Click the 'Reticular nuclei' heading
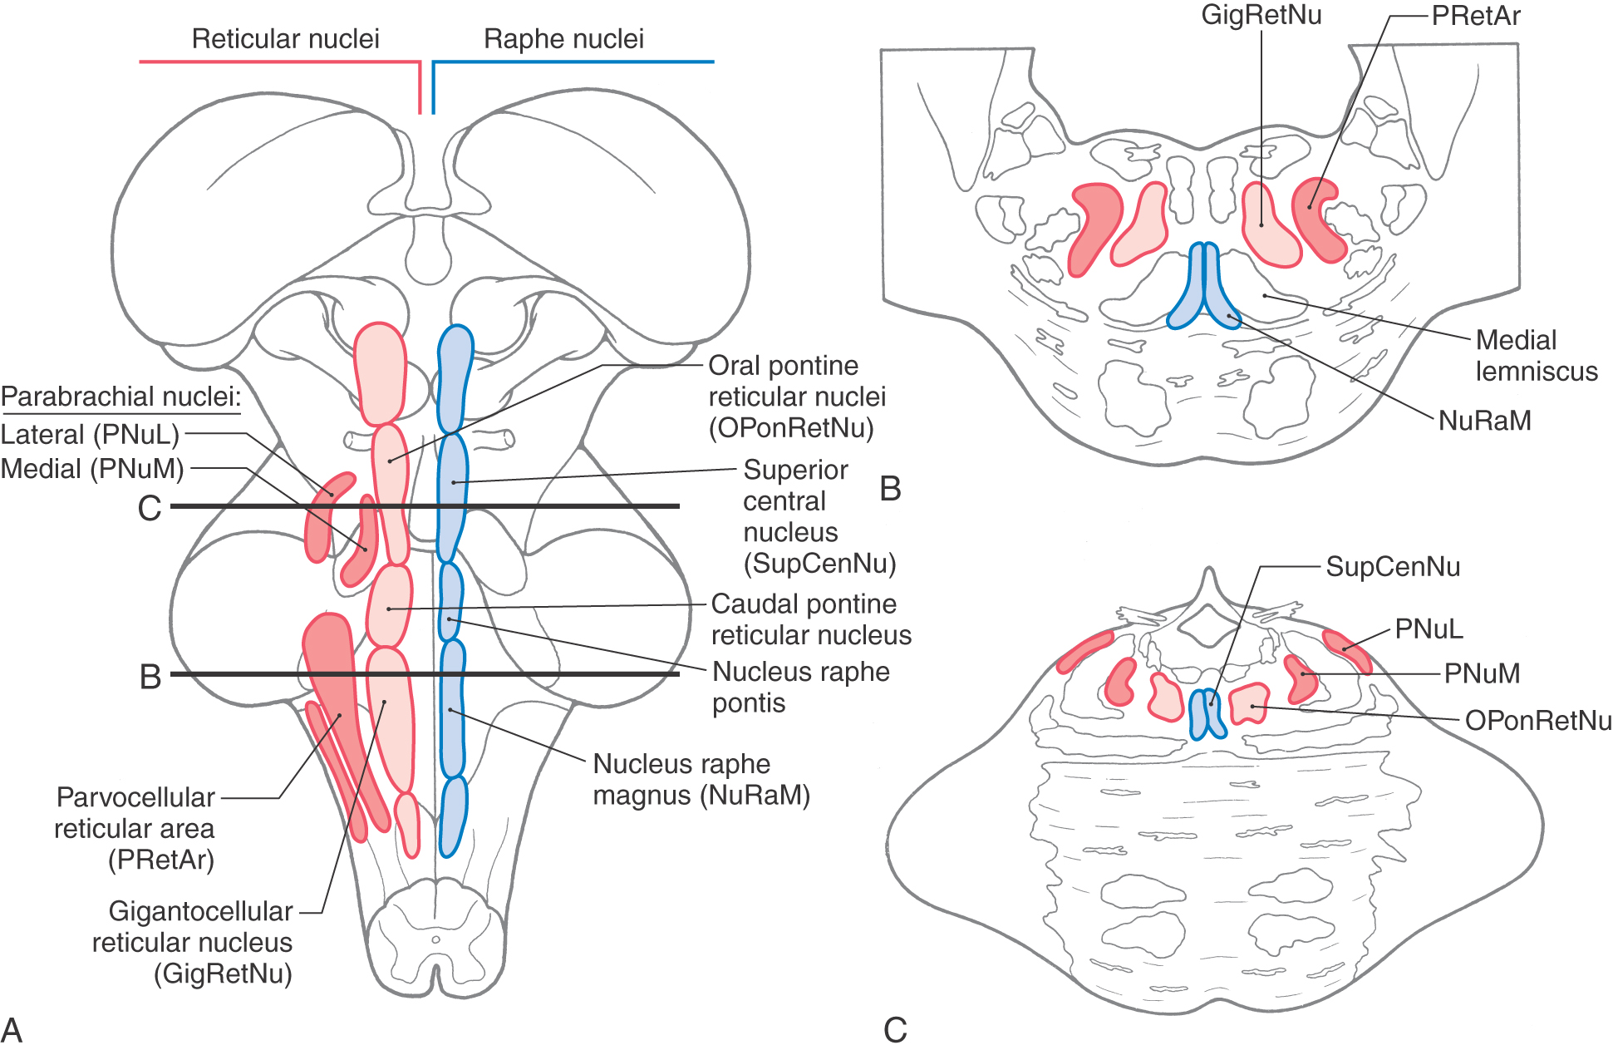[x=285, y=38]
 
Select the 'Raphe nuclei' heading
[x=563, y=38]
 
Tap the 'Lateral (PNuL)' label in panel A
[x=90, y=434]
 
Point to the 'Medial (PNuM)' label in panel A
[x=92, y=469]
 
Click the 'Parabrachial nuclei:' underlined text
[x=120, y=397]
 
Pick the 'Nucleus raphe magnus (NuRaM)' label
[x=701, y=779]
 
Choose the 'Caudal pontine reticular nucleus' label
[x=811, y=619]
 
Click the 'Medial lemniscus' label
[x=1537, y=355]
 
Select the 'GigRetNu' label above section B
[x=1261, y=15]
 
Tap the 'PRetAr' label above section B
[x=1476, y=16]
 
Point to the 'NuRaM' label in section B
[x=1484, y=421]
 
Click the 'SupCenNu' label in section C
[x=1393, y=567]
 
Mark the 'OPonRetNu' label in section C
[x=1538, y=720]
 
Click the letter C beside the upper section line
[x=150, y=508]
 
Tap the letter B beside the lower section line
[x=150, y=677]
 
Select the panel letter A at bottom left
[x=12, y=1030]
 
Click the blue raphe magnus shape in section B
[x=1203, y=287]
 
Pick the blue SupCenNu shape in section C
[x=1207, y=713]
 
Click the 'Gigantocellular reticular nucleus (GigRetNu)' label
[x=192, y=942]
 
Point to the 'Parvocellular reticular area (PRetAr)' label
[x=135, y=828]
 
